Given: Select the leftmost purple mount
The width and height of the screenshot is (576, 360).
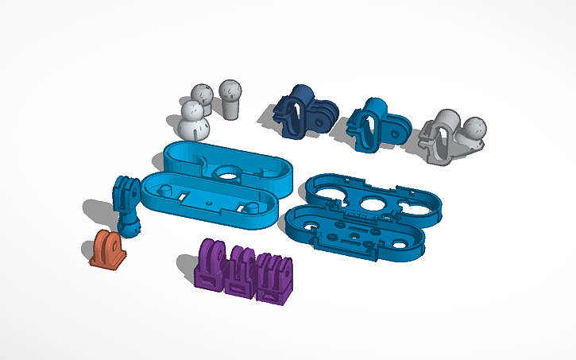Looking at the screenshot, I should pyautogui.click(x=211, y=266).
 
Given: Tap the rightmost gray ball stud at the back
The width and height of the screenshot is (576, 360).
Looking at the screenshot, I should pyautogui.click(x=230, y=97).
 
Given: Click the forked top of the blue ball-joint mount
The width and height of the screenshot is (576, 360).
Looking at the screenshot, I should pyautogui.click(x=125, y=188).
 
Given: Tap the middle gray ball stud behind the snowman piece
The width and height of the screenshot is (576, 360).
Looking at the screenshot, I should pyautogui.click(x=202, y=96).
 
